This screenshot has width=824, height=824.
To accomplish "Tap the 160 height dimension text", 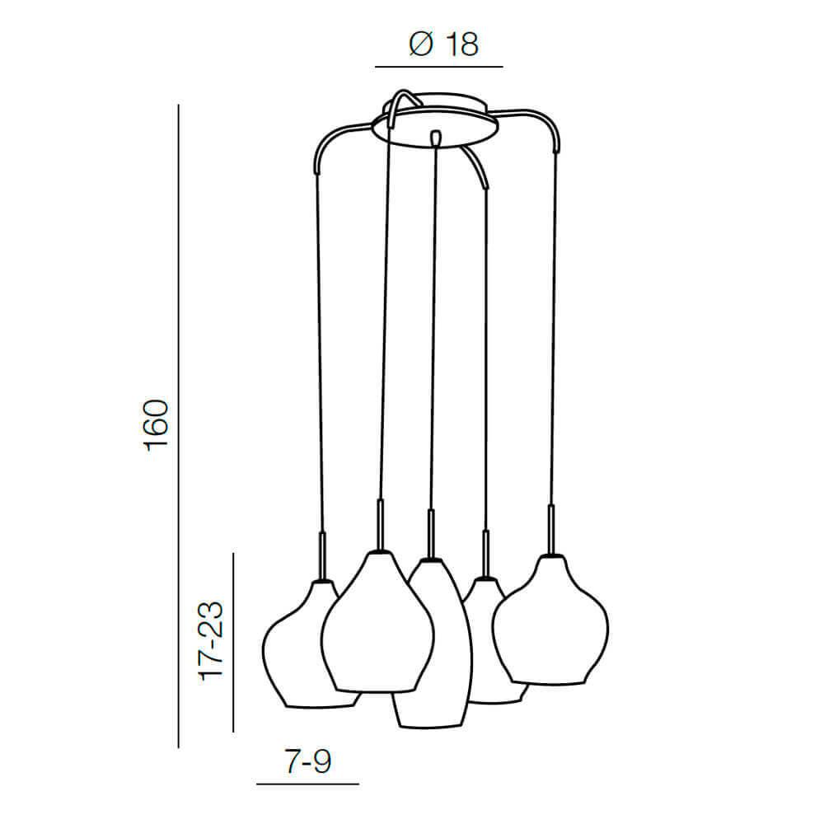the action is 157,426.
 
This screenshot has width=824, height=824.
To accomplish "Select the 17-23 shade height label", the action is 211,641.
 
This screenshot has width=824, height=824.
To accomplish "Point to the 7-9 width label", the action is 308,761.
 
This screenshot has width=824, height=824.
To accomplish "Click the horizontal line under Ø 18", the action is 439,67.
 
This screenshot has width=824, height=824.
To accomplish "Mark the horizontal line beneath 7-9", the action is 307,784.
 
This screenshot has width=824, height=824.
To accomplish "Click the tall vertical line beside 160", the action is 179,426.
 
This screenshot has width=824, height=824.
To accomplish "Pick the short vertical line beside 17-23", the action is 233,642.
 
